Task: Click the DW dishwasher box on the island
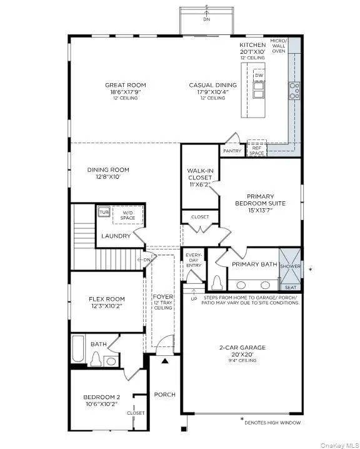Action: pos(259,76)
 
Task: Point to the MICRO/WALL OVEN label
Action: pos(279,46)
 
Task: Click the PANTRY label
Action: pos(232,151)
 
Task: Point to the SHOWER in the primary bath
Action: pos(289,266)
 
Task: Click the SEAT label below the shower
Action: pos(290,287)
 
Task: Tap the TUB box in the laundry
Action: pos(104,211)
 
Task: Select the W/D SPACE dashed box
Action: pos(127,216)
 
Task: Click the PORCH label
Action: pos(165,395)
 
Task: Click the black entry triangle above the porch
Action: pos(164,361)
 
